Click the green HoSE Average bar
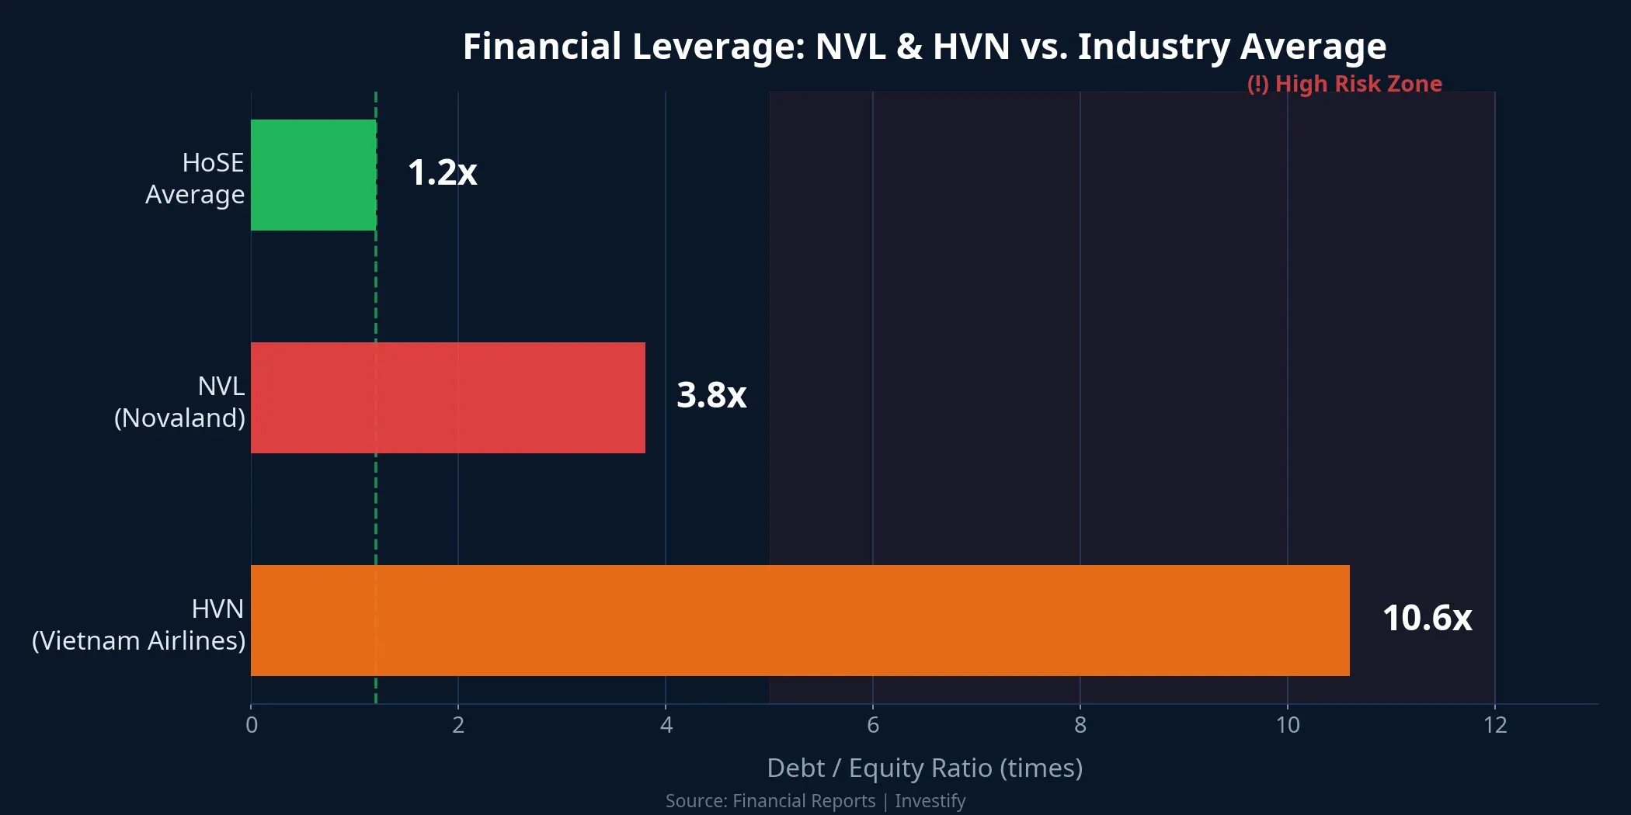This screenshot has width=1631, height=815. point(314,175)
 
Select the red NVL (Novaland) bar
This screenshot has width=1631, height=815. point(447,397)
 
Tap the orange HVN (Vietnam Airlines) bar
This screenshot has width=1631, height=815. point(800,620)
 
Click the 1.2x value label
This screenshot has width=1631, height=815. point(442,172)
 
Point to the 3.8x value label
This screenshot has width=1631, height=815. point(711,395)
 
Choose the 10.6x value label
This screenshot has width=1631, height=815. point(1427,618)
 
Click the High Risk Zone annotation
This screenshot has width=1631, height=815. point(1344,84)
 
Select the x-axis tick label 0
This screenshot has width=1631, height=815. point(252,725)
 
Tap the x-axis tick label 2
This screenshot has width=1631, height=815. point(458,725)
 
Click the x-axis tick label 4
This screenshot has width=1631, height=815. point(666,725)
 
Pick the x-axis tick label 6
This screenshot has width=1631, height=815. point(873,725)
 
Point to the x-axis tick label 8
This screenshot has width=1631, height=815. point(1080,725)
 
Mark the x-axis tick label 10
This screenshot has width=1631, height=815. point(1288,725)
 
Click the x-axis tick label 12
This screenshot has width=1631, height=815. point(1495,725)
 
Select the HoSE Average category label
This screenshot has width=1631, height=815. point(195,179)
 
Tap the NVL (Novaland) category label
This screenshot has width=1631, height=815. point(180,402)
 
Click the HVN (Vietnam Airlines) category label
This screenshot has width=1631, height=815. point(140,625)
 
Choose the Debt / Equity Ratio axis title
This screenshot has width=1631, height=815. point(924,768)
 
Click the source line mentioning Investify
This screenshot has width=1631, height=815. point(815,801)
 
